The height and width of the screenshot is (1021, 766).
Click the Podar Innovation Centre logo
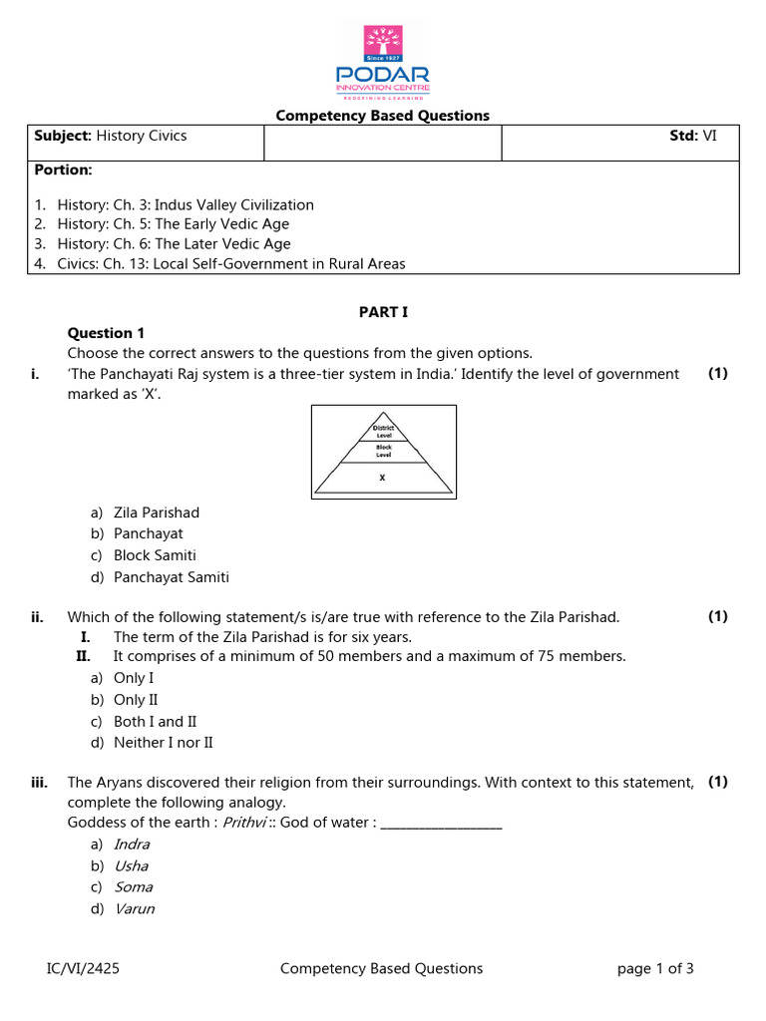[383, 62]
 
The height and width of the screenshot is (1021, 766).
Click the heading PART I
[383, 312]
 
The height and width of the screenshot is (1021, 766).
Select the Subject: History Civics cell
[111, 136]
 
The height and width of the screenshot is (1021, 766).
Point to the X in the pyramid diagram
[383, 478]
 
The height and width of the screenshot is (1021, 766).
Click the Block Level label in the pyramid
[383, 451]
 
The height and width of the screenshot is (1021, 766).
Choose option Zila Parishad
[156, 512]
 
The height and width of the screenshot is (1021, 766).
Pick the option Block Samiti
[155, 555]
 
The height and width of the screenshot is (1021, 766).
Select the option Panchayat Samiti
[171, 576]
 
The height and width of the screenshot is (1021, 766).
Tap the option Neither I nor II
[163, 742]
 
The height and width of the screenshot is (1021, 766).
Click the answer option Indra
[132, 845]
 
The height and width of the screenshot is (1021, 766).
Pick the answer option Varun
[134, 908]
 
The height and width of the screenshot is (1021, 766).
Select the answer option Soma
[133, 886]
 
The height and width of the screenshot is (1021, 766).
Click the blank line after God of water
[441, 824]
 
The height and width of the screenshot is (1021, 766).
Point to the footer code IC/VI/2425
[85, 968]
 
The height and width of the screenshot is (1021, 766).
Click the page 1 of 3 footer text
[655, 968]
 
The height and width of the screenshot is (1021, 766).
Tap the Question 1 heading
[106, 333]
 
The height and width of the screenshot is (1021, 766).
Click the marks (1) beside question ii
[718, 617]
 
